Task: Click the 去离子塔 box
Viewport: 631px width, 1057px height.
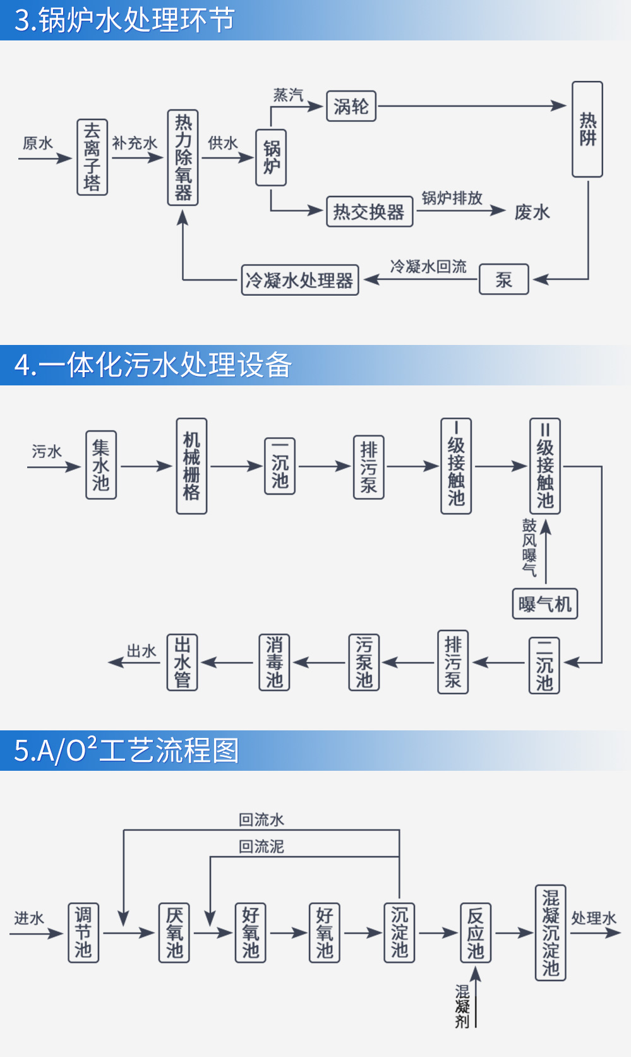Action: click(x=92, y=157)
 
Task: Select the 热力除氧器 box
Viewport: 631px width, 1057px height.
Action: click(x=183, y=157)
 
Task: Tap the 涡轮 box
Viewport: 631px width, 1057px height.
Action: click(x=351, y=106)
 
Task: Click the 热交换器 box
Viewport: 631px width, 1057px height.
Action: click(x=370, y=212)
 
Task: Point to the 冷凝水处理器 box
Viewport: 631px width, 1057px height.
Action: click(x=300, y=280)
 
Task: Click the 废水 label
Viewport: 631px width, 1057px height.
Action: click(x=532, y=212)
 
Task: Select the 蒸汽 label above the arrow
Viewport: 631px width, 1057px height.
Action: click(x=288, y=95)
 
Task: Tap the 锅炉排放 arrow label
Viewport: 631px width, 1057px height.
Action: click(x=452, y=198)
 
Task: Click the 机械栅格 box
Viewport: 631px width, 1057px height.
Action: click(x=191, y=466)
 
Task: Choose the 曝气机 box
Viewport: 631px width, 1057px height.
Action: click(x=544, y=604)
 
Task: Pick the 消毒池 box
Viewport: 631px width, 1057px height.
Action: click(x=274, y=662)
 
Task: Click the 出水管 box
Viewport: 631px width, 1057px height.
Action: click(x=183, y=662)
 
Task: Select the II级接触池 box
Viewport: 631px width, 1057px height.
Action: click(x=545, y=466)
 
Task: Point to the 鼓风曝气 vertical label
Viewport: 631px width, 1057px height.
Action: click(x=529, y=547)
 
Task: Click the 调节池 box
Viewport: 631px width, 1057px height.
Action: click(x=83, y=933)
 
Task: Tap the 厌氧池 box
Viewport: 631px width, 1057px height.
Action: click(x=174, y=933)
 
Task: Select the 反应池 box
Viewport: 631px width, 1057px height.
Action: click(x=475, y=933)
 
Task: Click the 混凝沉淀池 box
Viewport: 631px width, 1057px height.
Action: click(x=550, y=933)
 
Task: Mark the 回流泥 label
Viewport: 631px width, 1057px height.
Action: click(x=261, y=847)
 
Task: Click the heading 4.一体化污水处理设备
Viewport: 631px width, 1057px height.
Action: click(x=153, y=365)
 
